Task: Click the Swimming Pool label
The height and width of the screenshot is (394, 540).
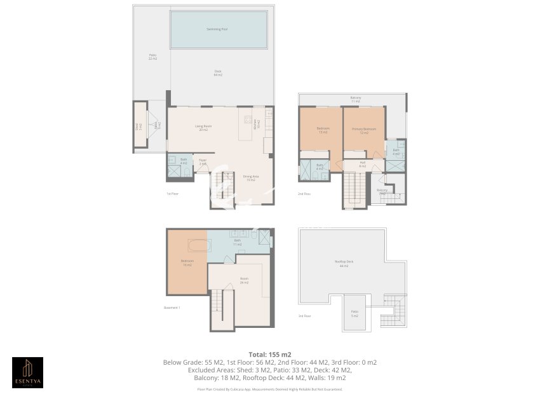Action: coord(218,29)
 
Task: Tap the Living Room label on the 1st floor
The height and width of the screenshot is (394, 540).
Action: coord(203,128)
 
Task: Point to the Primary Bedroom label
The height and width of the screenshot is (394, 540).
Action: coord(364,131)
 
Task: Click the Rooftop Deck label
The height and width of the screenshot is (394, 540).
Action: coord(344,264)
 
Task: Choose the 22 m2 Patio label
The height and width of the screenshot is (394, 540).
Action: coord(152,57)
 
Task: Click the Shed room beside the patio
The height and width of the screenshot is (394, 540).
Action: coord(137,126)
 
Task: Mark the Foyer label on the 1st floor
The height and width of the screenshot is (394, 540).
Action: coord(203,162)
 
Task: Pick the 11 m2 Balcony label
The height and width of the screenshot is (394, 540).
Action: coord(355,100)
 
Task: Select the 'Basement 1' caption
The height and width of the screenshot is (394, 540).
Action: coord(172,308)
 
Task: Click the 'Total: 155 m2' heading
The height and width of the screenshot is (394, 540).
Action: coord(269,354)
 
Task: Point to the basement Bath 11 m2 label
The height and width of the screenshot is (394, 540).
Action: coord(238,242)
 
